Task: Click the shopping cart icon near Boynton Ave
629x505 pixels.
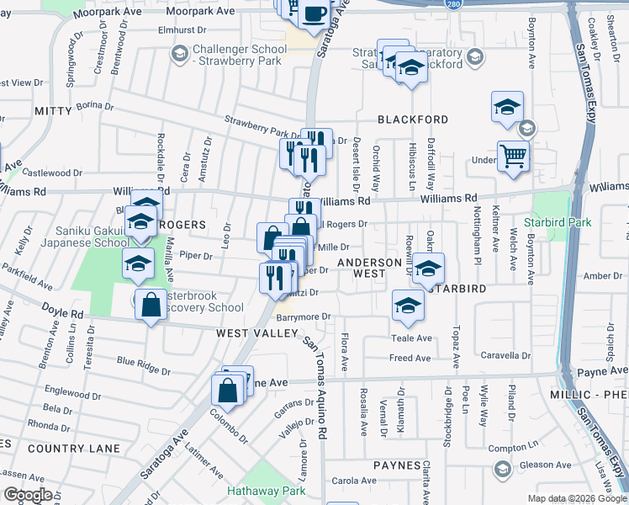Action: pyautogui.click(x=513, y=156)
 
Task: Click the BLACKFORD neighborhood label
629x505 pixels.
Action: pyautogui.click(x=413, y=120)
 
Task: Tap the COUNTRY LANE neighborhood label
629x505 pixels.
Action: pyautogui.click(x=74, y=449)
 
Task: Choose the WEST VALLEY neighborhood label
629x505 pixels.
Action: pyautogui.click(x=258, y=333)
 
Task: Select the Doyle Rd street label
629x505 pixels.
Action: pyautogui.click(x=66, y=314)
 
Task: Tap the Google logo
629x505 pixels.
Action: pyautogui.click(x=28, y=495)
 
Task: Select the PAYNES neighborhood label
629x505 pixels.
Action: pyautogui.click(x=397, y=465)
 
